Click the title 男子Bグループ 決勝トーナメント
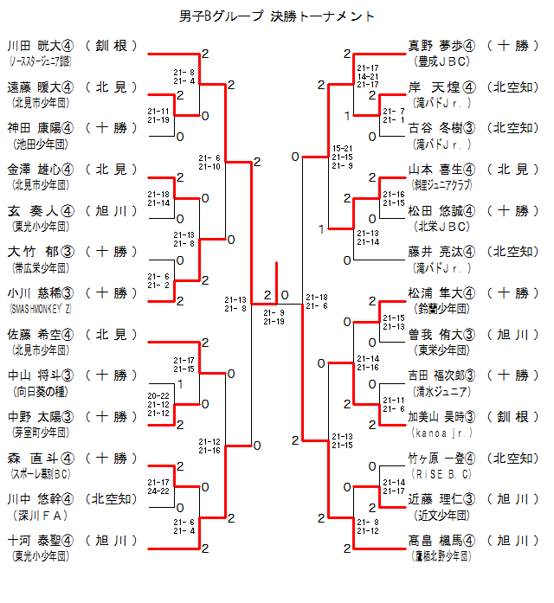[277, 16]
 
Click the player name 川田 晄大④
[41, 46]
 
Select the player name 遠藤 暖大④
[41, 87]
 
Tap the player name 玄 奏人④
[41, 210]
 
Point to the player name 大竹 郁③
[41, 252]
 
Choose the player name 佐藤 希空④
[41, 334]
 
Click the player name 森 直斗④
[41, 458]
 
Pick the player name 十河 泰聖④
[41, 540]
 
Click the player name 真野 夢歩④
[441, 46]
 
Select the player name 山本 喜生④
[441, 170]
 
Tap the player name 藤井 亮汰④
[441, 252]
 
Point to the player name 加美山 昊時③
[441, 417]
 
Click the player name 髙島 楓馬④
[441, 540]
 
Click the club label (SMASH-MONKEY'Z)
[41, 309]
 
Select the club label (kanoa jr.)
[442, 432]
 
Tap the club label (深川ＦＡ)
[41, 515]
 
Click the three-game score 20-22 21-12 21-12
[158, 404]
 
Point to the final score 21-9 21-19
[274, 317]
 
